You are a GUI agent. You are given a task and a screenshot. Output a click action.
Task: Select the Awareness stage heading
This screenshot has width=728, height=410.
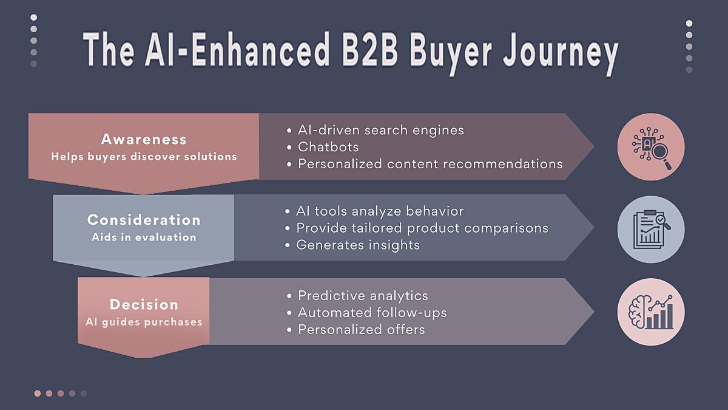point(144,139)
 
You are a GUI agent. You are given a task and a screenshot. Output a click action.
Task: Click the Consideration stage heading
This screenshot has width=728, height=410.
point(144,220)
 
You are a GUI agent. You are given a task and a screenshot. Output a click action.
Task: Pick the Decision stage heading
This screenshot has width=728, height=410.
point(144,304)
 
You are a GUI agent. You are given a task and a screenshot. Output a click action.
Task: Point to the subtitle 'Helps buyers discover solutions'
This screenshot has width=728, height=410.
point(144,157)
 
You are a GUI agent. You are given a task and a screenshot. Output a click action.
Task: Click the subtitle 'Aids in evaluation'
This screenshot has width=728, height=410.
point(144,237)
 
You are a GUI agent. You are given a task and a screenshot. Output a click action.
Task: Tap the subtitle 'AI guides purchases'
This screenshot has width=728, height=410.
point(144,322)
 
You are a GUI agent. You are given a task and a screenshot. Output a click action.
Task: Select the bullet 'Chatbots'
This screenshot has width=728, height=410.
point(328,147)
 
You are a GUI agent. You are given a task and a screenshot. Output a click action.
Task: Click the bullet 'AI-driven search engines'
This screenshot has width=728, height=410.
point(380,130)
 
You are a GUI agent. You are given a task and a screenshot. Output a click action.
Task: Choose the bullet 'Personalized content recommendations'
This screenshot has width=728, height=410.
point(430,164)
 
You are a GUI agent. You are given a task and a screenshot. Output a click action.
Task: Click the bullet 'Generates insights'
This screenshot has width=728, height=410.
point(358,245)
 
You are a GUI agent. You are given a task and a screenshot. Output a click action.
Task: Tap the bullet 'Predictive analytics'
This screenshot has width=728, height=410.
point(363,296)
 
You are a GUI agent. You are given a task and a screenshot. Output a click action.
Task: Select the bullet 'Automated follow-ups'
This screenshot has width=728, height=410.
point(372,313)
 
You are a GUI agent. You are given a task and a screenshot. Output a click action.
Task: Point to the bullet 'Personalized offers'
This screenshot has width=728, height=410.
point(361,330)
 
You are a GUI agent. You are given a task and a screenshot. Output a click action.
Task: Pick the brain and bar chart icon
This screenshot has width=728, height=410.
point(651,312)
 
